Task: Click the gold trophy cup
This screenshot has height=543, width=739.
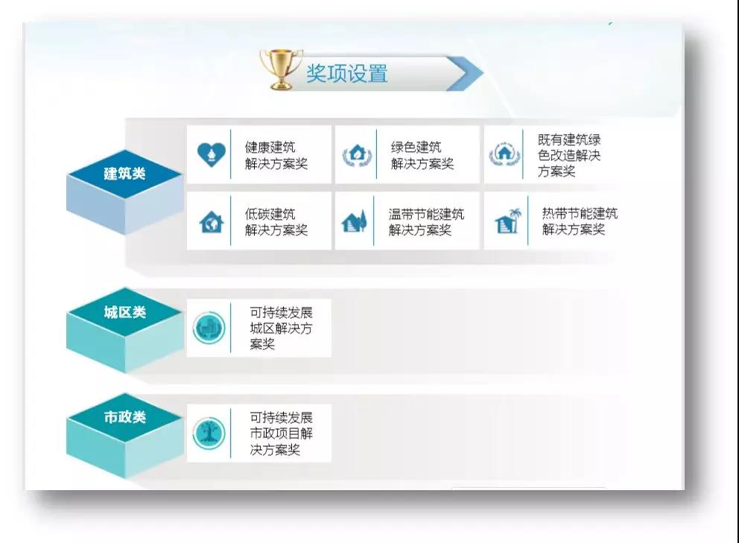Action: pyautogui.click(x=280, y=69)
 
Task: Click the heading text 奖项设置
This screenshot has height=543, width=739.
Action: pyautogui.click(x=347, y=74)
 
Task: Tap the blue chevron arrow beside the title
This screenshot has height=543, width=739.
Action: pyautogui.click(x=464, y=74)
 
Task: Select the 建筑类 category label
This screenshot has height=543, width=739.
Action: pyautogui.click(x=124, y=174)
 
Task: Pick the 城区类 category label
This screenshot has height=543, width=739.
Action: pyautogui.click(x=125, y=312)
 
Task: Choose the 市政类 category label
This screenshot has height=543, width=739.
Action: pyautogui.click(x=125, y=417)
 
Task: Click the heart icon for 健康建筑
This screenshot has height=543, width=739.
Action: pyautogui.click(x=211, y=155)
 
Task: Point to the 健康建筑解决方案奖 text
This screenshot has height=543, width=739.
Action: pyautogui.click(x=276, y=155)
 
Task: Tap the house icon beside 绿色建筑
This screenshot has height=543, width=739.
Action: pyautogui.click(x=358, y=155)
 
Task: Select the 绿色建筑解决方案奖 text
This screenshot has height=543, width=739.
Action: pyautogui.click(x=422, y=155)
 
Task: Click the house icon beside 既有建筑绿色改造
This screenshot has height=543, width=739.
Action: pyautogui.click(x=504, y=154)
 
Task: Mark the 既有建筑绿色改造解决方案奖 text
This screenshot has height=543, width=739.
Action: pyautogui.click(x=569, y=155)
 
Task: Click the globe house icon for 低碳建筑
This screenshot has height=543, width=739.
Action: pyautogui.click(x=212, y=221)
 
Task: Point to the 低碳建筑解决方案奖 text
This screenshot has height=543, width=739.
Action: pyautogui.click(x=276, y=221)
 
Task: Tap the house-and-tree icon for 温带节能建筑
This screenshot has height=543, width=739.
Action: pyautogui.click(x=354, y=221)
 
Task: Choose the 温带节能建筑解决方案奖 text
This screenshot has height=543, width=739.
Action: pyautogui.click(x=426, y=221)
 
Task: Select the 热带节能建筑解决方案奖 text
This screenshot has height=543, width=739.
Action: pyautogui.click(x=580, y=221)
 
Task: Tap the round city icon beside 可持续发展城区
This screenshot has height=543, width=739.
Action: pyautogui.click(x=209, y=328)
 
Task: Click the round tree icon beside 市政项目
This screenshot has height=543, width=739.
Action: pyautogui.click(x=209, y=434)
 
